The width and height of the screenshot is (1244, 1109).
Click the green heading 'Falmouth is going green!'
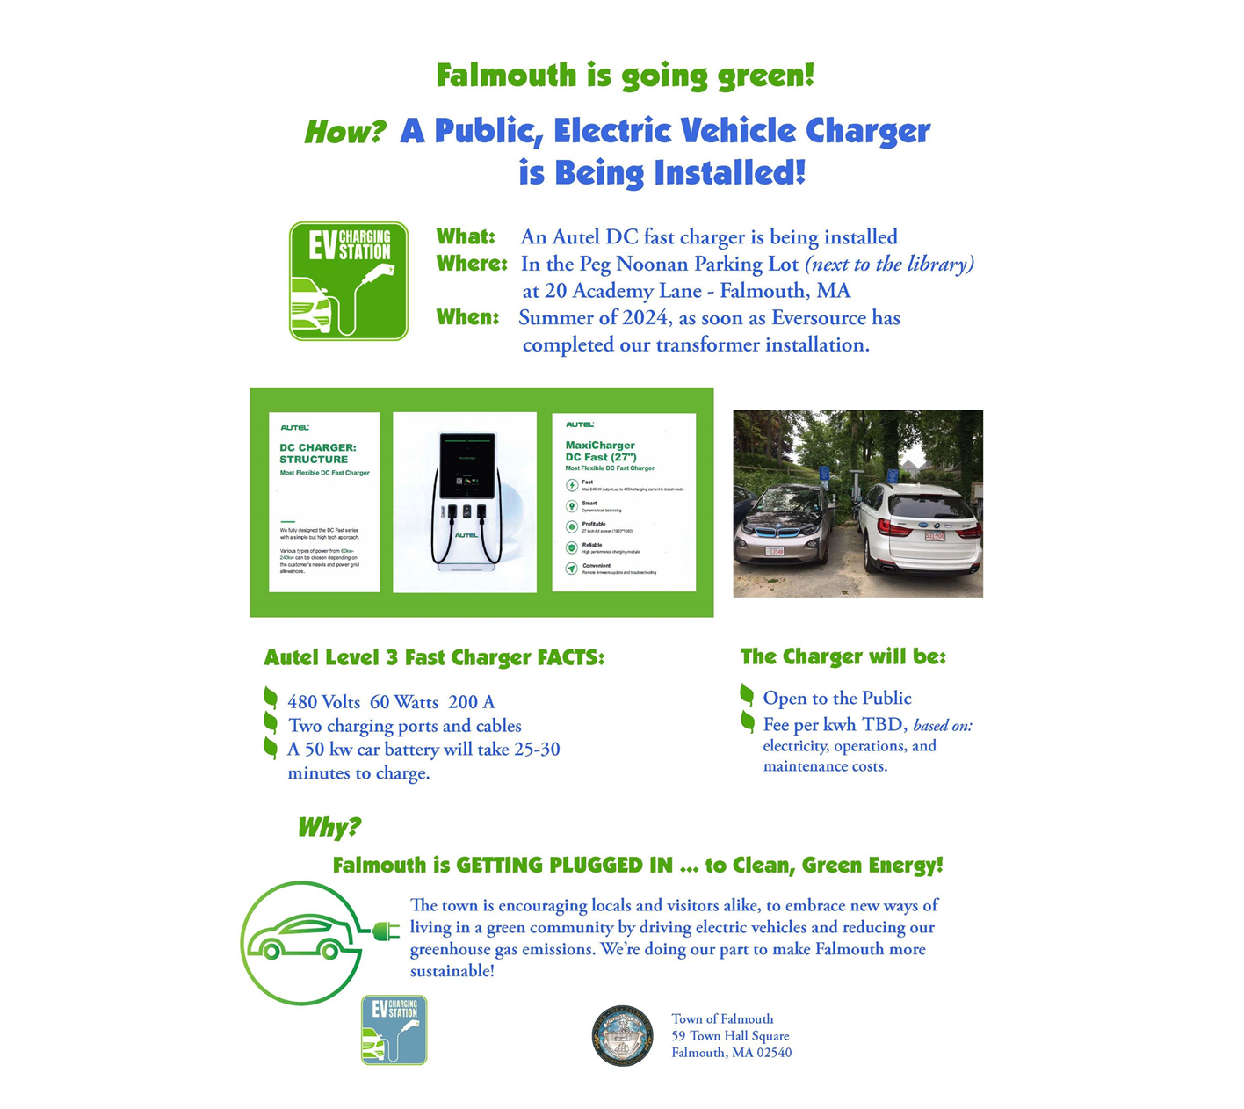pyautogui.click(x=625, y=76)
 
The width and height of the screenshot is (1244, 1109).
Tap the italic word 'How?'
pyautogui.click(x=344, y=133)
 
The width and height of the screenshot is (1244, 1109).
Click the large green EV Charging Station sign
pyautogui.click(x=349, y=281)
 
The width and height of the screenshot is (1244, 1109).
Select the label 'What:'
pyautogui.click(x=466, y=237)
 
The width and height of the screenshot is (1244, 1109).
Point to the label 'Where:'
pyautogui.click(x=472, y=264)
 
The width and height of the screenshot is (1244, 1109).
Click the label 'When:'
pyautogui.click(x=467, y=317)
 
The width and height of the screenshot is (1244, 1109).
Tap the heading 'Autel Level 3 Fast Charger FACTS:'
pyautogui.click(x=434, y=658)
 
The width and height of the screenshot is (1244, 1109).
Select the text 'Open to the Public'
pyautogui.click(x=836, y=699)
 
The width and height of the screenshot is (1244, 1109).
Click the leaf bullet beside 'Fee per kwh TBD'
pyautogui.click(x=748, y=722)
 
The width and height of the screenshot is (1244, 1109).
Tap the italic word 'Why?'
pyautogui.click(x=329, y=828)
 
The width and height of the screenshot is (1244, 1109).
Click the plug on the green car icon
pyautogui.click(x=386, y=930)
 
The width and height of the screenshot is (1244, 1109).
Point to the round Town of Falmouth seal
pyautogui.click(x=622, y=1036)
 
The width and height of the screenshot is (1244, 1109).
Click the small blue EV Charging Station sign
pyautogui.click(x=394, y=1030)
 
